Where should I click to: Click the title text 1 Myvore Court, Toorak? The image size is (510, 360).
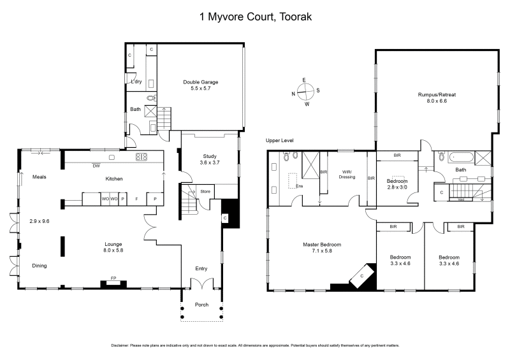[x=254, y=17]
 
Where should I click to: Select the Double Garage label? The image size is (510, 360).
[x=201, y=82]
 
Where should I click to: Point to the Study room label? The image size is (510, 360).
[x=210, y=155]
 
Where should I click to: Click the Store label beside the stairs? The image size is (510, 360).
[x=205, y=191]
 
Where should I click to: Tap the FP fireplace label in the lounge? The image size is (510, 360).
[x=113, y=278]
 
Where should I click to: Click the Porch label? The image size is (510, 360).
[x=201, y=305]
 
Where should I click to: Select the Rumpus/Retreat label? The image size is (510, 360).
[x=437, y=94]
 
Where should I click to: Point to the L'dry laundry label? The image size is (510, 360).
[x=136, y=82]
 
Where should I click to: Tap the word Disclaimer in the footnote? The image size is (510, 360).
[x=120, y=345]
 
